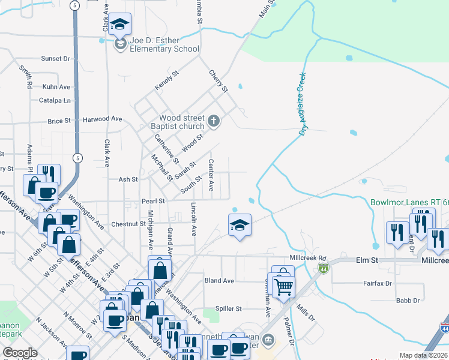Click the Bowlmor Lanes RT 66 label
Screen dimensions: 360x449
tap(409, 203)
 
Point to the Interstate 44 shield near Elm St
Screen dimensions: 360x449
tap(324, 267)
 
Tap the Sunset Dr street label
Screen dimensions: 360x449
tap(55, 59)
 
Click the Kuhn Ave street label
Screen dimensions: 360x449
tap(56, 87)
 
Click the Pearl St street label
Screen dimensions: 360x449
tap(153, 202)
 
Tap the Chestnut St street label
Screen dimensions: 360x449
tap(128, 224)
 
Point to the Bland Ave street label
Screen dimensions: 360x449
tap(219, 281)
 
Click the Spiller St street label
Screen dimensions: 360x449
tap(228, 308)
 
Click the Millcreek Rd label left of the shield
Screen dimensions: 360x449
tap(307, 257)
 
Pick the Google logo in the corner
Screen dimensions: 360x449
tap(20, 353)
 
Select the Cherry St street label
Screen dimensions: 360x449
tap(218, 81)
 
